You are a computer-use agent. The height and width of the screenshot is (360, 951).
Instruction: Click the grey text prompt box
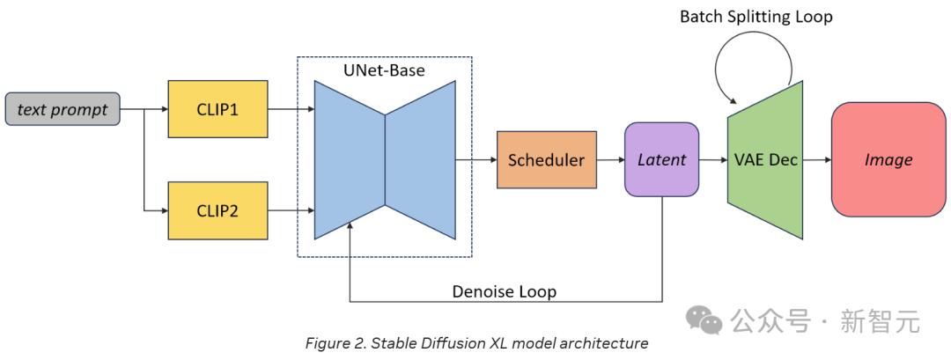click(x=62, y=110)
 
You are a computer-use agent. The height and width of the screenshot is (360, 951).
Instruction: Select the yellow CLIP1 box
click(x=217, y=110)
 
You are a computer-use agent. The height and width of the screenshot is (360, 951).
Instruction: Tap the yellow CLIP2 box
click(x=217, y=211)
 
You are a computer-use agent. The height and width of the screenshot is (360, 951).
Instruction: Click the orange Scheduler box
click(x=546, y=160)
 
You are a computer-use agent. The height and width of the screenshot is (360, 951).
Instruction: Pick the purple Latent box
click(x=661, y=160)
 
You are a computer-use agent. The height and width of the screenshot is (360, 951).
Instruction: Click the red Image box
click(x=888, y=160)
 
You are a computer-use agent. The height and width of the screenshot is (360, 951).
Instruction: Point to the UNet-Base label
click(x=385, y=70)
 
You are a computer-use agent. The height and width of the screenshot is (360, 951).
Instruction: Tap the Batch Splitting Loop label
click(x=756, y=17)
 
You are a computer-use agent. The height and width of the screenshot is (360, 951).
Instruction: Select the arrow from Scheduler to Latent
click(x=609, y=160)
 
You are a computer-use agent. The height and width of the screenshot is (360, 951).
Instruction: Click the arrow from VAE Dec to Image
click(x=817, y=160)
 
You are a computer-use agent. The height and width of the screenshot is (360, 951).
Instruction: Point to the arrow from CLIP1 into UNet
click(x=291, y=110)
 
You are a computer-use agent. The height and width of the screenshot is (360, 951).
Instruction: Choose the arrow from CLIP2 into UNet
click(x=291, y=211)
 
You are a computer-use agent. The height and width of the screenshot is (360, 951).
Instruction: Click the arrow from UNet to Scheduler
click(x=475, y=160)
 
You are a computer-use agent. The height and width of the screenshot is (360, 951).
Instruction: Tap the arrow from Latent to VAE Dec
click(x=712, y=160)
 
